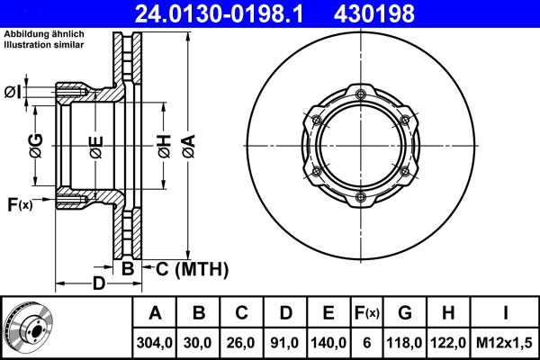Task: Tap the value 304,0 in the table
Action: (155, 342)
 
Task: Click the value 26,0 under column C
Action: (241, 342)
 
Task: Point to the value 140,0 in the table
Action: (328, 342)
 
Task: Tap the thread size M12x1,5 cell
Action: (505, 342)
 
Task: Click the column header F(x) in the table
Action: (367, 314)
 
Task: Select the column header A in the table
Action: (155, 314)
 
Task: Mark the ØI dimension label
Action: (13, 92)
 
